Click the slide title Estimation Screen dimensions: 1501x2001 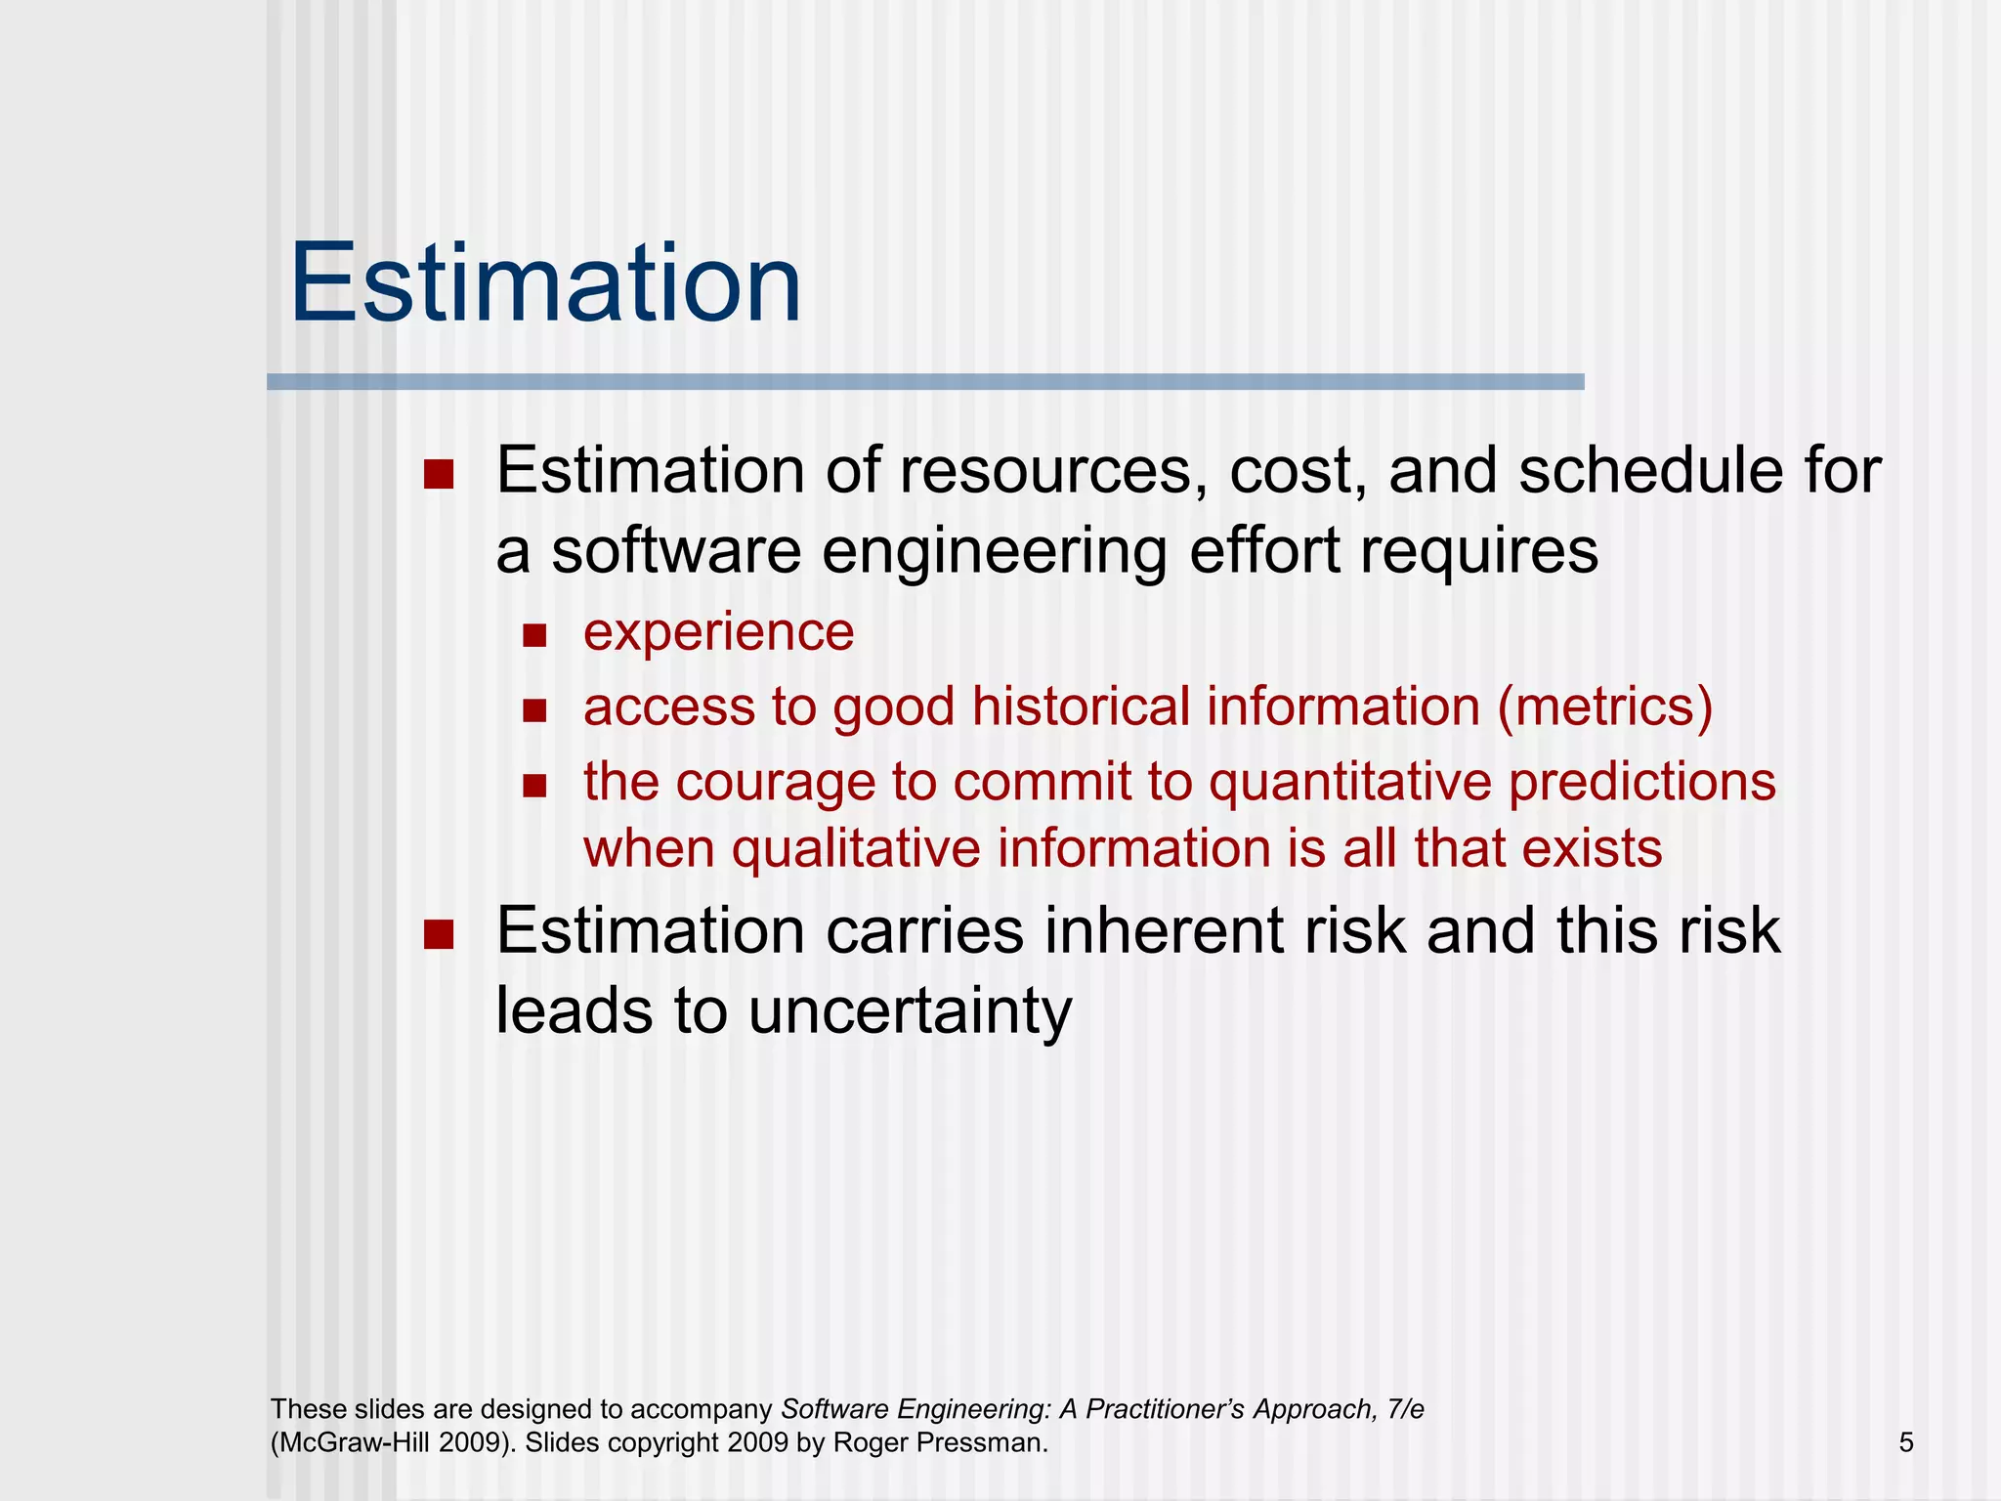(x=545, y=284)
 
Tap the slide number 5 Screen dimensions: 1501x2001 (x=1906, y=1442)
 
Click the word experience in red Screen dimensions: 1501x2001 (x=718, y=632)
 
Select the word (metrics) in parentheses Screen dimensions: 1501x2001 (x=1605, y=707)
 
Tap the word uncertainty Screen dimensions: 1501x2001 (x=910, y=1011)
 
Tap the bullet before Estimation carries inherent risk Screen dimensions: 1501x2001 (x=439, y=934)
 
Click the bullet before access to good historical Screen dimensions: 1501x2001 (x=534, y=710)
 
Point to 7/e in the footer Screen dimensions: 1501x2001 (x=1405, y=1409)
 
